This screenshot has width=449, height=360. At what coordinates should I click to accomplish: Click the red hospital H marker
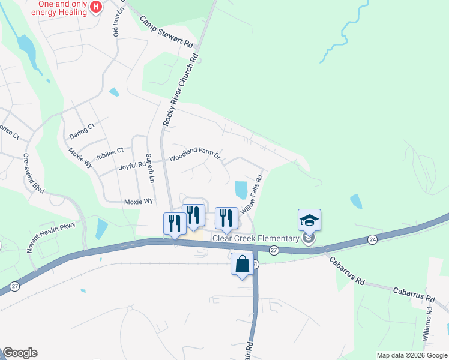[x=95, y=7]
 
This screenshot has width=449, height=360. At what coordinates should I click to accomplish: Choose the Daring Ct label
[x=82, y=127]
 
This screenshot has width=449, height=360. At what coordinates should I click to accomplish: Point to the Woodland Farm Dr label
[x=195, y=158]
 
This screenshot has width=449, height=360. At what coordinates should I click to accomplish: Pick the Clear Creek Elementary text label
[x=256, y=238]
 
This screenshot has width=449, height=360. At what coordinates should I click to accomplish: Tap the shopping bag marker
[x=242, y=264]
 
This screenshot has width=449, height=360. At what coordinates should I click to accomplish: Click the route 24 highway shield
[x=373, y=239]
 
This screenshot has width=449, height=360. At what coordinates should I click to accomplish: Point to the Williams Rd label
[x=428, y=324]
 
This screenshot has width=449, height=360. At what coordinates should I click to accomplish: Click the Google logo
[x=20, y=353]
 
